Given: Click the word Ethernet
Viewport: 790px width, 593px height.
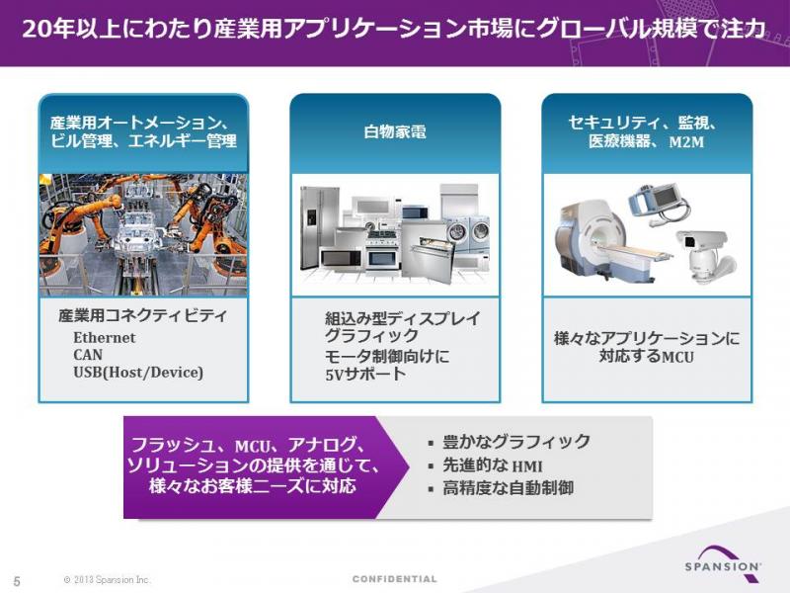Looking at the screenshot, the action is click(105, 337).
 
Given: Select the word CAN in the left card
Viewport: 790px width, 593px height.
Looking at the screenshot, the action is click(88, 355).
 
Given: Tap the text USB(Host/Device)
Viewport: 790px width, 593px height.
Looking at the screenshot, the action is click(138, 373).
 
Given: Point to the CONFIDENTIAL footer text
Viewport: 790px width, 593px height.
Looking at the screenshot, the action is click(394, 579).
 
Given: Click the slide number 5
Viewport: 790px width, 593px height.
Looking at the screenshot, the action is click(17, 581).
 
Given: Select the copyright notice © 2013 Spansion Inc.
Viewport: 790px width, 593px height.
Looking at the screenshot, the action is click(108, 580).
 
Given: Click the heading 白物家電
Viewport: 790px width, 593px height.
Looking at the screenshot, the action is click(395, 132).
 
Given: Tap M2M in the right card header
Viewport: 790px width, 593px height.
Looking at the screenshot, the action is click(686, 142).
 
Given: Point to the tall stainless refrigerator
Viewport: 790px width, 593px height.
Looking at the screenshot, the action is click(319, 227).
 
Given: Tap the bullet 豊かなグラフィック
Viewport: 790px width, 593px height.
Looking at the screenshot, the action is click(515, 442).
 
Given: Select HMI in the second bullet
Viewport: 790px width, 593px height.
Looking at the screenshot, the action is click(527, 466).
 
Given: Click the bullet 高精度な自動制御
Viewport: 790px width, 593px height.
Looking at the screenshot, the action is click(508, 488).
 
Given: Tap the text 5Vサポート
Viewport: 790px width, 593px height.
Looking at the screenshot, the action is click(365, 375).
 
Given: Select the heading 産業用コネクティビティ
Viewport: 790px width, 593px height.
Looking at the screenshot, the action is click(142, 315).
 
